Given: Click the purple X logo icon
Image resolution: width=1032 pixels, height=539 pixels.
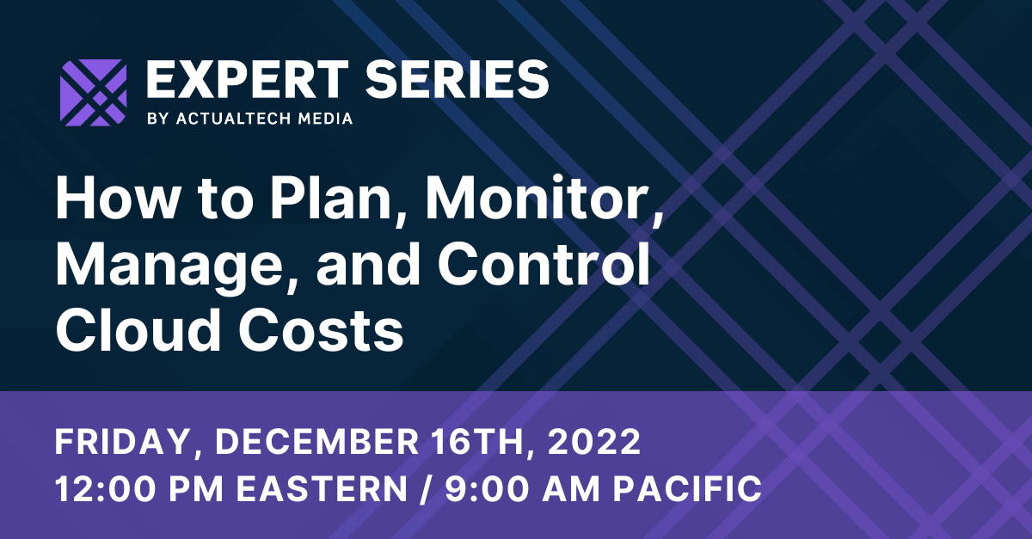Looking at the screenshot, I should tap(93, 93).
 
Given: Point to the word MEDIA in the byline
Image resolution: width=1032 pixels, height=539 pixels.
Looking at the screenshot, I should tap(322, 119).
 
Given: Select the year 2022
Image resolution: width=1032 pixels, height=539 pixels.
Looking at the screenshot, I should tap(594, 444).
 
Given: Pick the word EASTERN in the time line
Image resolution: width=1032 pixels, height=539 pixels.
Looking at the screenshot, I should tap(323, 488).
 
